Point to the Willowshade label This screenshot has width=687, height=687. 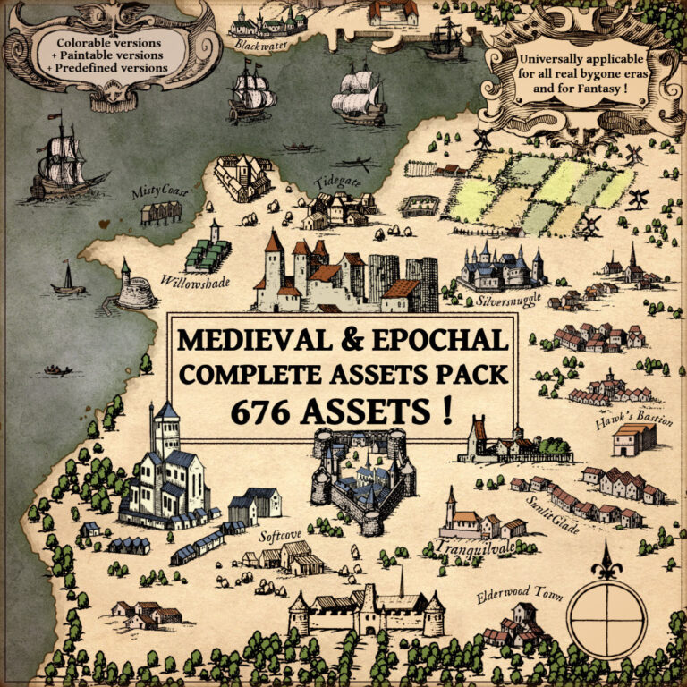point(196,282)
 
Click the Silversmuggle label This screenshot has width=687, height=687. point(509,298)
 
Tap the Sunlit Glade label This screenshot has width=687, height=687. point(552,514)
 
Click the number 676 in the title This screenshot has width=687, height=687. point(261,411)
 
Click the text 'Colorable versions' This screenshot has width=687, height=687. point(109,43)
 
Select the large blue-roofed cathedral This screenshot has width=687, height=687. point(166,474)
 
